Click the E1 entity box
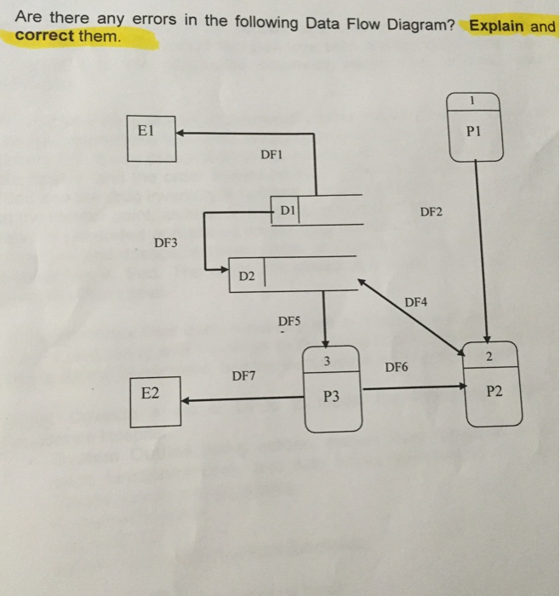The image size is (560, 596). tap(151, 138)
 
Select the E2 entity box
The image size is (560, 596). tap(155, 403)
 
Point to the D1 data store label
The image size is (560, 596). tap(287, 209)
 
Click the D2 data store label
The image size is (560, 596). tap(246, 276)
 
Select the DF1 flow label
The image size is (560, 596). tap(271, 154)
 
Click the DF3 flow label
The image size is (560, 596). tap(166, 244)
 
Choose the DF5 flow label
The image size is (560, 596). tap(289, 321)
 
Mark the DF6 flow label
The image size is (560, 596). tap(397, 368)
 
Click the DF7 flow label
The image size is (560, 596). tap(243, 375)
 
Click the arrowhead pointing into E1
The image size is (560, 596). tap(182, 133)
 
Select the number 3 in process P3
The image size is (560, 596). tap(326, 362)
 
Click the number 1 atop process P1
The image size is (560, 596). tap(475, 101)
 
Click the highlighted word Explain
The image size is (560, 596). tap(496, 25)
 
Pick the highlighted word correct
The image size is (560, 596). tap(44, 37)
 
